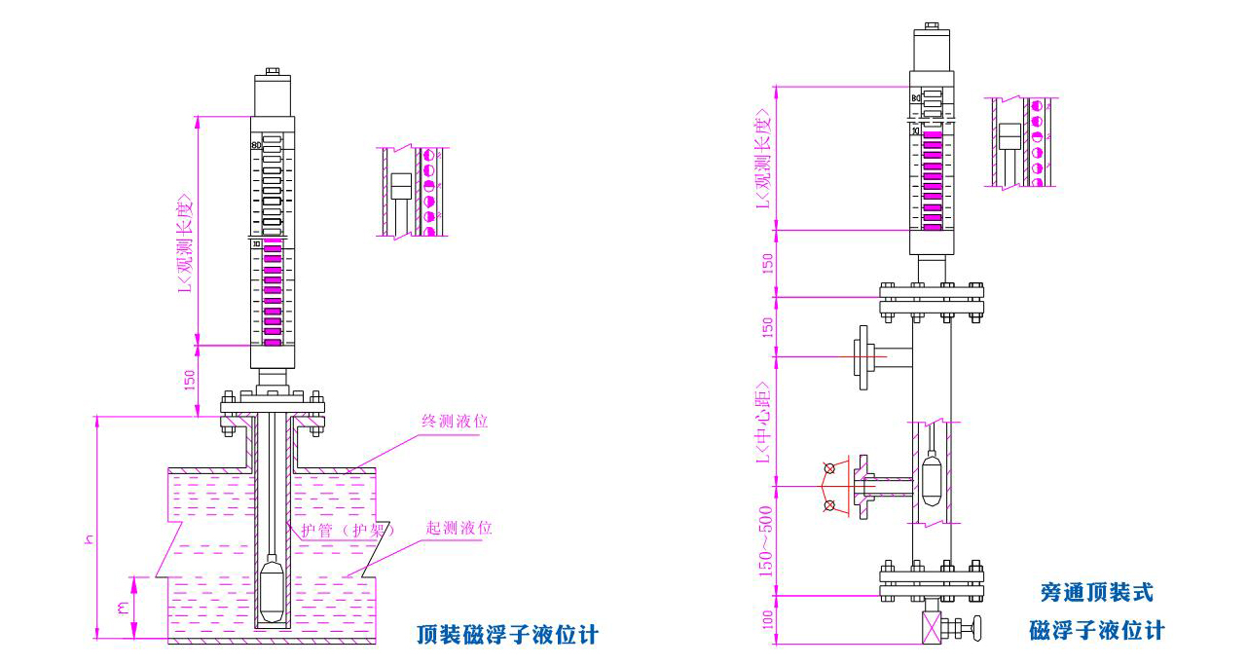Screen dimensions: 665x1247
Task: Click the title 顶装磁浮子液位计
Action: tap(506, 636)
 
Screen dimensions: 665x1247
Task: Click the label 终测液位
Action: tap(454, 422)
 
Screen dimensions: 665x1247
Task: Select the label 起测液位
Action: tap(458, 528)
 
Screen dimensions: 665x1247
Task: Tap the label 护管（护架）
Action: tap(348, 531)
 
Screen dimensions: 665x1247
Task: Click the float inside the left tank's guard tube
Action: tap(274, 589)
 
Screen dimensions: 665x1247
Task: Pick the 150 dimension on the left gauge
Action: tap(190, 379)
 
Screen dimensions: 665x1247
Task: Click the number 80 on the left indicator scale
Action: tap(256, 145)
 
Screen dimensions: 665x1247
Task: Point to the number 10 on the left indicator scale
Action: tap(257, 244)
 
